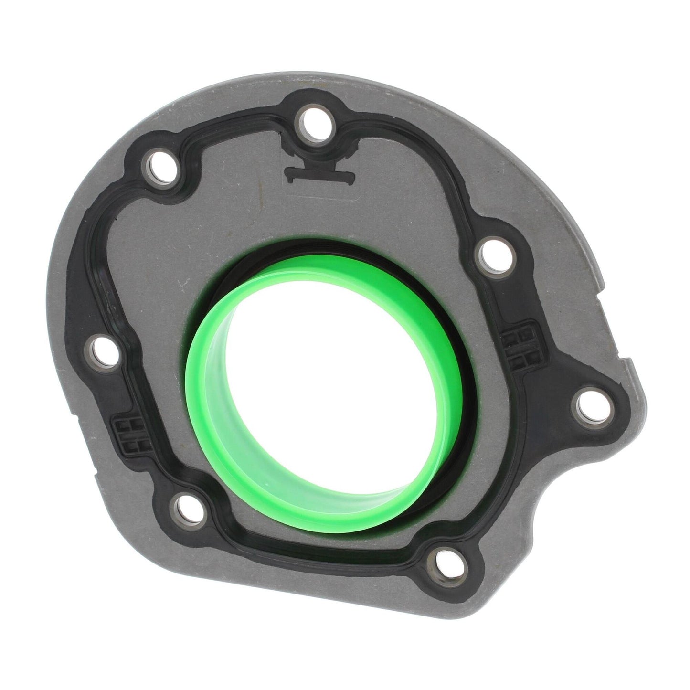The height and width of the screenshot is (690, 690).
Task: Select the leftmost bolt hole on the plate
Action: point(102,353)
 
